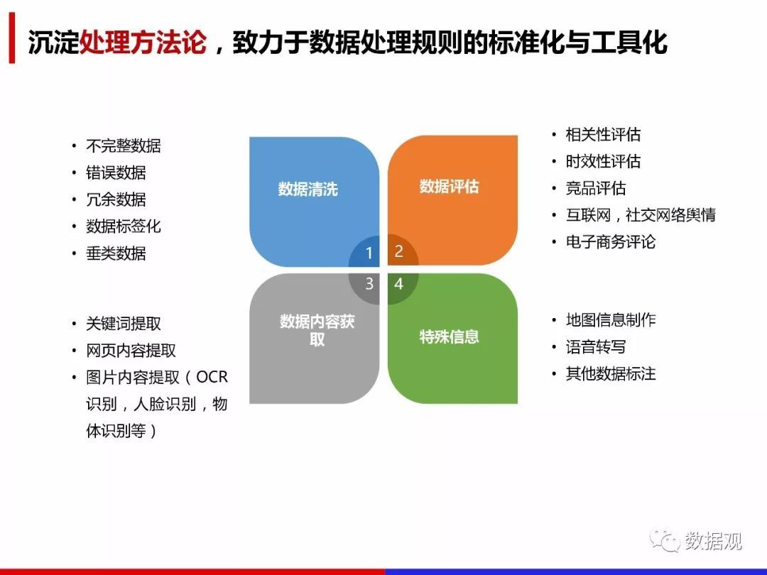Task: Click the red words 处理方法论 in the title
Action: tap(142, 42)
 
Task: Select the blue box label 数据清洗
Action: tap(308, 189)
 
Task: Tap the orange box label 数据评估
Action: tap(449, 186)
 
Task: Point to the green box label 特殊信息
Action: tap(449, 336)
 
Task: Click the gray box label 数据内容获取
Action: tap(317, 330)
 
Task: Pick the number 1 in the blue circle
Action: tap(369, 253)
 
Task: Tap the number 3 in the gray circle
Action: tap(369, 283)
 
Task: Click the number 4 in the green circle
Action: tap(398, 283)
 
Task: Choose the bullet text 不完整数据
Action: tap(124, 146)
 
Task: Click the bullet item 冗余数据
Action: tap(116, 199)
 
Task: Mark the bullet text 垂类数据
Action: tap(116, 253)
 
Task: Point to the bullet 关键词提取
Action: tap(124, 324)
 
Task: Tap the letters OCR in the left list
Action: tap(212, 377)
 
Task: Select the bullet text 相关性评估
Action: tap(603, 134)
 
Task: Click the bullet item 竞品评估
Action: tap(596, 188)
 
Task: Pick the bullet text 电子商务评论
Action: tap(611, 241)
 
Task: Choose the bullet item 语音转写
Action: tap(596, 346)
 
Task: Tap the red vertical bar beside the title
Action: tap(12, 38)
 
